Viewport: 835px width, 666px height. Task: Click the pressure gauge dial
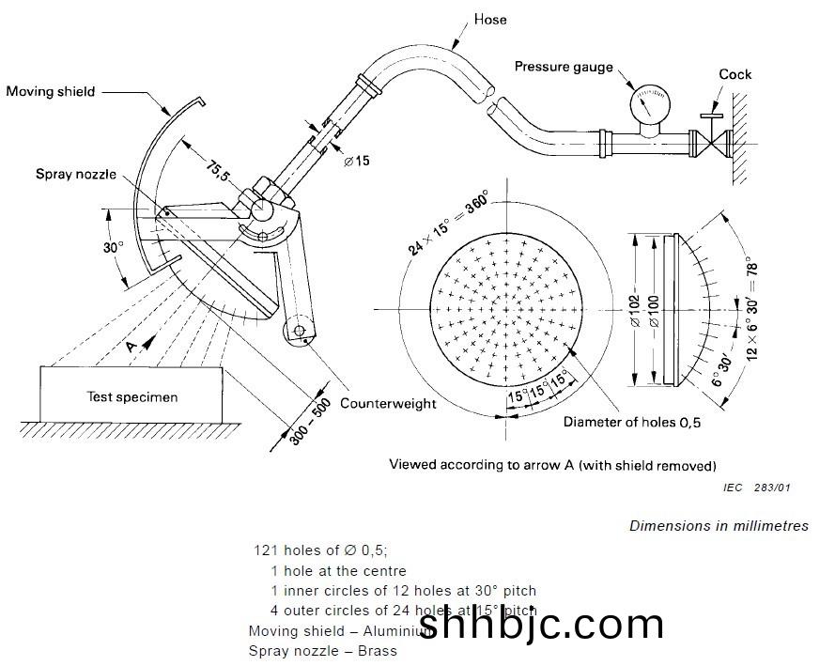pyautogui.click(x=644, y=102)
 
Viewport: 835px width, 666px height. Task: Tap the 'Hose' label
pyautogui.click(x=491, y=19)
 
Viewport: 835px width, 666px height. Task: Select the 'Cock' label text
pyautogui.click(x=734, y=74)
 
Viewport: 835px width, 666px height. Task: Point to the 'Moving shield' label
pyautogui.click(x=51, y=91)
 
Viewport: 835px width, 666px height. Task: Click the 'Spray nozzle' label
pyautogui.click(x=76, y=174)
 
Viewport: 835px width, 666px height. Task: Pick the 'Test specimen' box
pyautogui.click(x=132, y=396)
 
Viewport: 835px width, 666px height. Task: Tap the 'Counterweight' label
pyautogui.click(x=388, y=403)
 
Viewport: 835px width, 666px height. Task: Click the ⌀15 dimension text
pyautogui.click(x=356, y=161)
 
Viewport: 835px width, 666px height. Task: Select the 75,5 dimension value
pyautogui.click(x=217, y=173)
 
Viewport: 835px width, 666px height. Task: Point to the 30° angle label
pyautogui.click(x=114, y=248)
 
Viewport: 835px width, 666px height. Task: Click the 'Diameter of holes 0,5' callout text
pyautogui.click(x=632, y=422)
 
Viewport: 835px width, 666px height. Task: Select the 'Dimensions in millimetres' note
pyautogui.click(x=719, y=526)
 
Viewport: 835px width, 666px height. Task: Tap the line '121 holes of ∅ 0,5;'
pyautogui.click(x=320, y=550)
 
